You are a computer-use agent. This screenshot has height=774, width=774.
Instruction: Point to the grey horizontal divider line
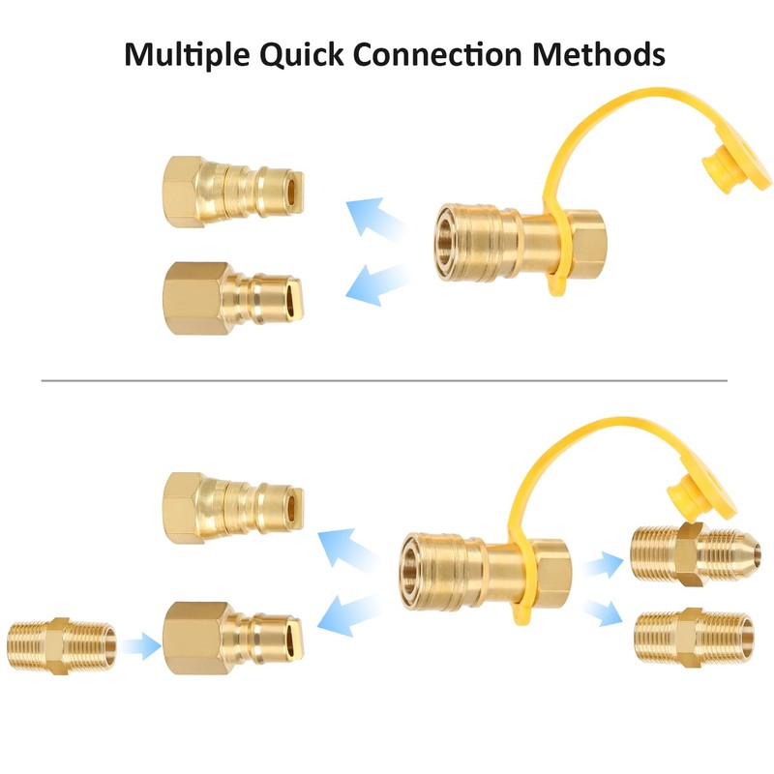point(387,380)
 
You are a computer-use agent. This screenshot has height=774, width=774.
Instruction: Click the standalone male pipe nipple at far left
point(61,642)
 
